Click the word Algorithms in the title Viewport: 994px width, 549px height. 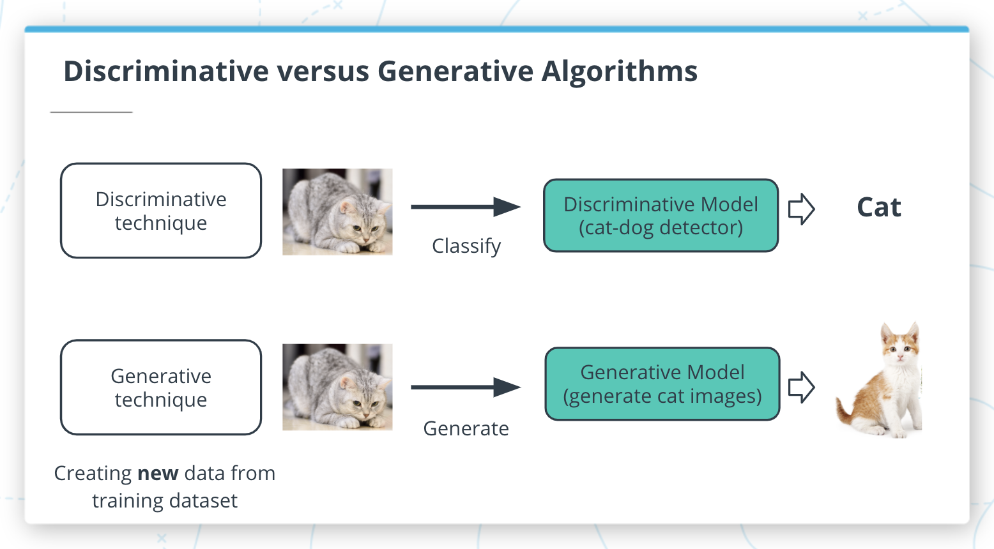coord(619,71)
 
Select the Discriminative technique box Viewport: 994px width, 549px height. coord(161,211)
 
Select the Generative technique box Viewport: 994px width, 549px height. coord(161,387)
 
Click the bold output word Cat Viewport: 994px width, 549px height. coord(878,207)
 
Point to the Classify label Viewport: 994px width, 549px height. coord(466,246)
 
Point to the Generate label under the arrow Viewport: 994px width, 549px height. coord(466,428)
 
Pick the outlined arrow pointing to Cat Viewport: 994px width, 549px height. coord(801,209)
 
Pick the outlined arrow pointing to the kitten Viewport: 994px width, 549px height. coord(801,387)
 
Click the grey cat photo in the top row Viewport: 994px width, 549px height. coord(337,212)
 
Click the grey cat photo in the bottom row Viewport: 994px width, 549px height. coord(337,387)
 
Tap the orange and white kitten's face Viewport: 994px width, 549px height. coord(900,347)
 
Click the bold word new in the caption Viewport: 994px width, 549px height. coord(158,474)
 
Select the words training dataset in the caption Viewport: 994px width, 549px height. coord(165,501)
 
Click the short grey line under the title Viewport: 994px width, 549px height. coord(91,112)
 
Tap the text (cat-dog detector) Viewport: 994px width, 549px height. coord(661,228)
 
